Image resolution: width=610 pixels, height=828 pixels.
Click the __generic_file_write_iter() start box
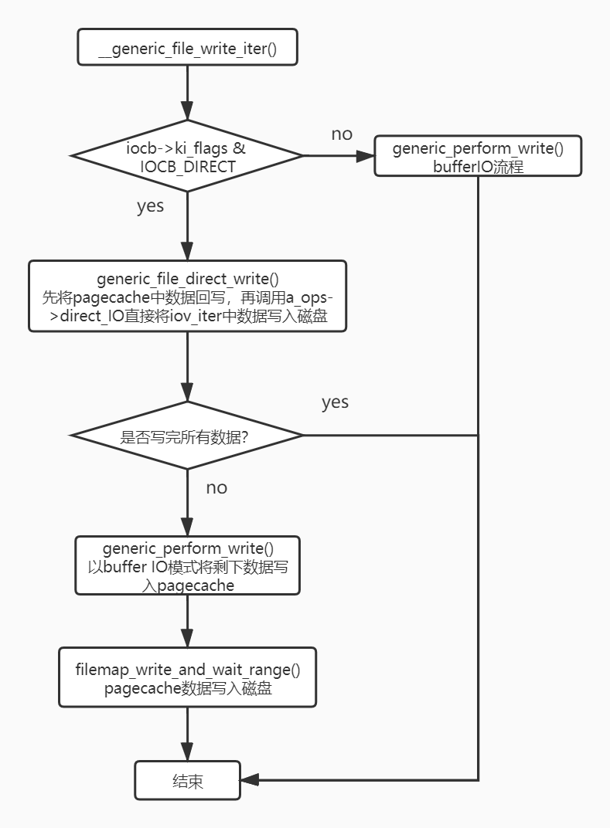tap(187, 48)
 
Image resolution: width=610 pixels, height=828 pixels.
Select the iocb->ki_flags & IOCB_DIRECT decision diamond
tap(187, 155)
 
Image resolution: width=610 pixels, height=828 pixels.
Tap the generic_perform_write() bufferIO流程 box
tap(478, 157)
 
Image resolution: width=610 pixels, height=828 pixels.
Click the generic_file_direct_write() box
tap(187, 297)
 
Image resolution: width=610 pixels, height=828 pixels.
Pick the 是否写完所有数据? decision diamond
tap(187, 436)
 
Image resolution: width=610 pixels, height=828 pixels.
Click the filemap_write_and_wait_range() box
tap(187, 677)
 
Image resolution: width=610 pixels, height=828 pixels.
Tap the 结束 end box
tap(187, 781)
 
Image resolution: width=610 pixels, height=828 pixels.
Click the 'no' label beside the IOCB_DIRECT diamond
tap(342, 134)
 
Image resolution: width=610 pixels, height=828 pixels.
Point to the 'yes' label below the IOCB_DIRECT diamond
tap(150, 207)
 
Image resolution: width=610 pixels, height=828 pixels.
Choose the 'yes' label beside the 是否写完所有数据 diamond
tap(335, 402)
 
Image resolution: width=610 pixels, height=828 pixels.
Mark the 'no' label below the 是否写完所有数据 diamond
tap(216, 488)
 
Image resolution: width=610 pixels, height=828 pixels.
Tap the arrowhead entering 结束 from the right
tap(249, 780)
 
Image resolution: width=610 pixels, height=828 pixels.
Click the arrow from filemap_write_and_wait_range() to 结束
tap(187, 734)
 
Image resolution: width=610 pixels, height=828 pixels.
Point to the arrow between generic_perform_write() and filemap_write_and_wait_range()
tap(187, 621)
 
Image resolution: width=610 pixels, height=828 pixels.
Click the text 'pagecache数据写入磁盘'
tap(188, 689)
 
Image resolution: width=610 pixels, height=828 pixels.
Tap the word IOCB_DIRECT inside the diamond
tap(187, 166)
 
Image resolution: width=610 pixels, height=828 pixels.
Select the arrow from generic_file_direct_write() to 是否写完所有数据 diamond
tap(187, 367)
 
